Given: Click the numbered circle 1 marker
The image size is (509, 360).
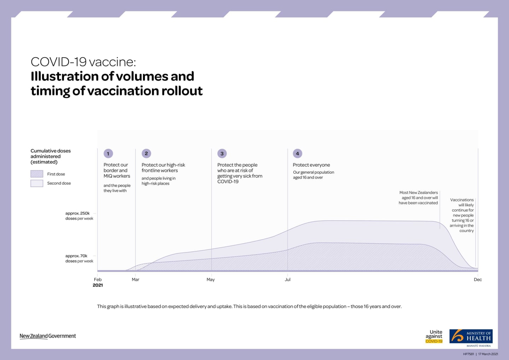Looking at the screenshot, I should coord(108,153).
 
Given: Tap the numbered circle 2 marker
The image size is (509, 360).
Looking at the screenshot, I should coord(146,153).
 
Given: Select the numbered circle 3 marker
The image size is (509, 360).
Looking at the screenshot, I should coord(222,153).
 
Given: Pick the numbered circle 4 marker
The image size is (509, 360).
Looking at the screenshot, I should coord(297,153).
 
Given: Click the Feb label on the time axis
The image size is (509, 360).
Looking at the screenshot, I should coord(98,279).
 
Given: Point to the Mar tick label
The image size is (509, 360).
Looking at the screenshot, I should coord(135,279).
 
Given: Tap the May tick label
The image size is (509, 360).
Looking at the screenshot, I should coord(211,279).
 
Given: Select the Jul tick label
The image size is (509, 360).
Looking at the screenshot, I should coord(288,279).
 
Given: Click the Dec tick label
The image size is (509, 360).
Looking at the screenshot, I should coord(478,279).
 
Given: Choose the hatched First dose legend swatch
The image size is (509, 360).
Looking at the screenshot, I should coord(37,174).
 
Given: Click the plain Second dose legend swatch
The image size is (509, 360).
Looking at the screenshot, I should coord(37,183).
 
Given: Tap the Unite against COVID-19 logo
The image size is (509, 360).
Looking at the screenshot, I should coord(434,336).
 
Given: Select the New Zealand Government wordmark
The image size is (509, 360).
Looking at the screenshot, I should coord(48,336).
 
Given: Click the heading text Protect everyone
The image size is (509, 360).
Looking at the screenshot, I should coord(311,165).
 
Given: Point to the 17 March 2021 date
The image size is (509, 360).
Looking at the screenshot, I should coord(488,354).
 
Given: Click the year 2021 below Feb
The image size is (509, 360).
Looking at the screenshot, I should coord(98,285).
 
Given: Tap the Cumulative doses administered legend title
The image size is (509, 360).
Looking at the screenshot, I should coord(51,156).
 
